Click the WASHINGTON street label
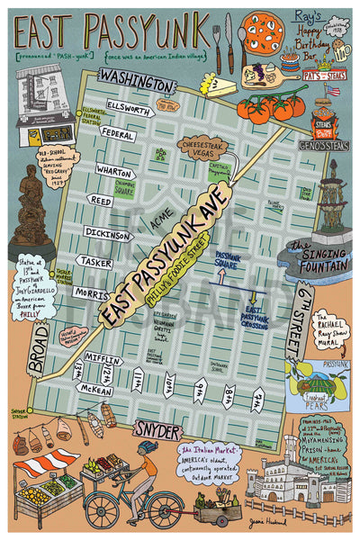pos(136,83)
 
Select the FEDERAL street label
pos(118,134)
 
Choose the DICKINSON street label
pos(107,232)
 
